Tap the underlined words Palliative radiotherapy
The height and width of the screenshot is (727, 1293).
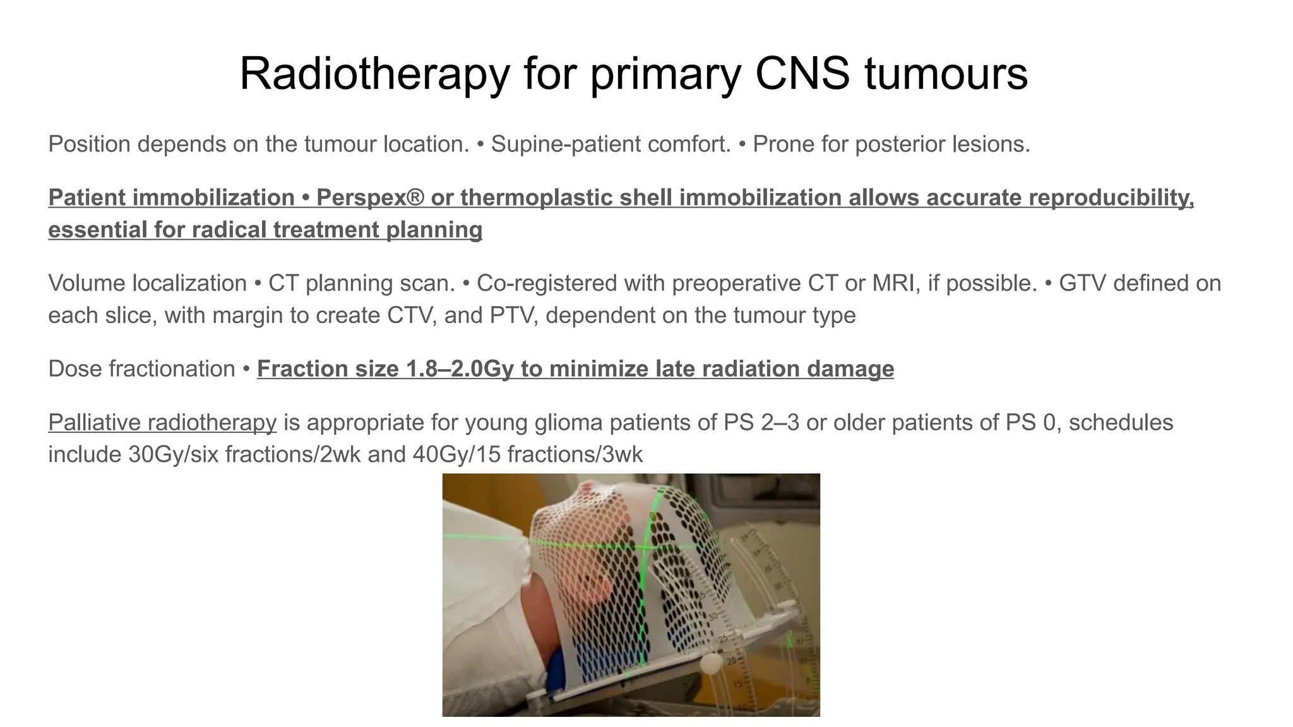tap(162, 423)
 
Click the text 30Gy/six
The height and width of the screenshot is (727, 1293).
tap(173, 455)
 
